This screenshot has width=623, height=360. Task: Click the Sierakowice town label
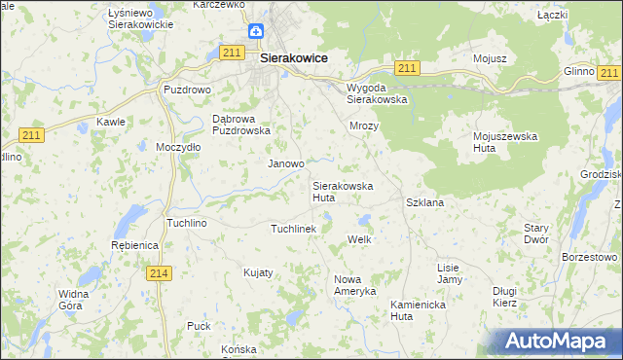[x=293, y=58]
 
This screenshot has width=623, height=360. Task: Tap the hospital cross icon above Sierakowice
[x=255, y=32]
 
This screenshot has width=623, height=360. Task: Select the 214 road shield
[x=161, y=274]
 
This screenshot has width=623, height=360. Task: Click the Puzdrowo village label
[x=187, y=89]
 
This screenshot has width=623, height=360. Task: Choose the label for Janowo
[x=286, y=163]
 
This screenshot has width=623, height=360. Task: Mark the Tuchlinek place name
[x=293, y=228]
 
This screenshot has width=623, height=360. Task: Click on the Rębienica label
[x=134, y=245]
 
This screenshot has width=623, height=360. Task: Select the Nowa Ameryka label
[x=354, y=285]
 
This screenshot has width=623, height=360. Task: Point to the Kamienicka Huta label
[x=416, y=309]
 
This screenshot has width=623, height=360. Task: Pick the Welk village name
[x=360, y=239]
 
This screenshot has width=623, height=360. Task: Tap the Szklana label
[x=424, y=202]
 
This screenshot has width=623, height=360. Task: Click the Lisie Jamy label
[x=449, y=273]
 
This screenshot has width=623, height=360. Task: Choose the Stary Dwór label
[x=535, y=233]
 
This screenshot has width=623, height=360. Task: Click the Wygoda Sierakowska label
[x=377, y=93]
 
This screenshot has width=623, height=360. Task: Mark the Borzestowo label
[x=589, y=257]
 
